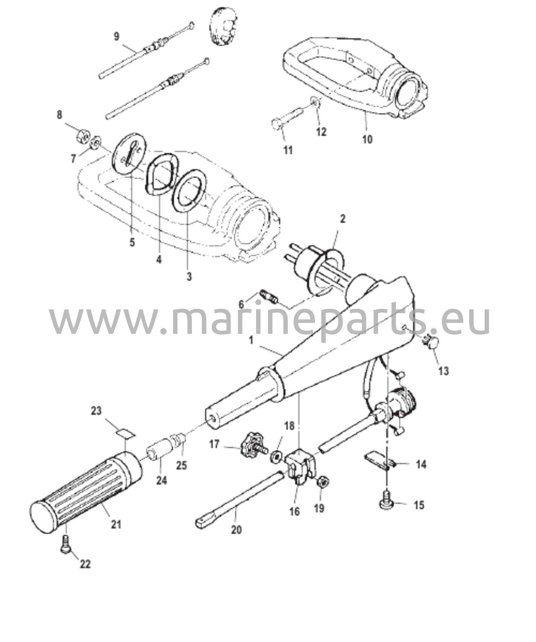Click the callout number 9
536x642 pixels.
117,36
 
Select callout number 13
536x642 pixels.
444,371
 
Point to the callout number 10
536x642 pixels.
368,139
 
